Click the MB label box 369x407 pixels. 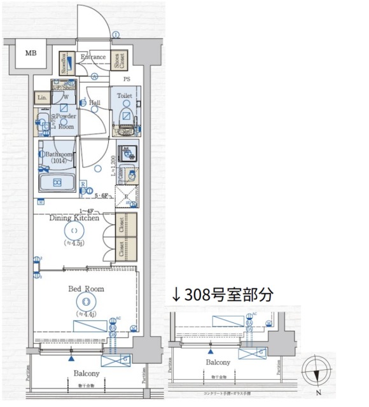(31, 53)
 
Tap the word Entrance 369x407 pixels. (93, 57)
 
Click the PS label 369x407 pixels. (127, 80)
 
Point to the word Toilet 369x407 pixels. (124, 96)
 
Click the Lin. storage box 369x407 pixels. (42, 97)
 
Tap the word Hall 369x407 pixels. (94, 102)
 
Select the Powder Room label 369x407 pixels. (66, 121)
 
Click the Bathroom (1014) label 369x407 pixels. (57, 158)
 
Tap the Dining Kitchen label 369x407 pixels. (76, 218)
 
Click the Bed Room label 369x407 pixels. (86, 289)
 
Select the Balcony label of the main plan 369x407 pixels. (85, 374)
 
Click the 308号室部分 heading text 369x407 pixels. (223, 294)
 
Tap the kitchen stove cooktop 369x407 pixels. (130, 153)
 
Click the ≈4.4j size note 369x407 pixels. (86, 314)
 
